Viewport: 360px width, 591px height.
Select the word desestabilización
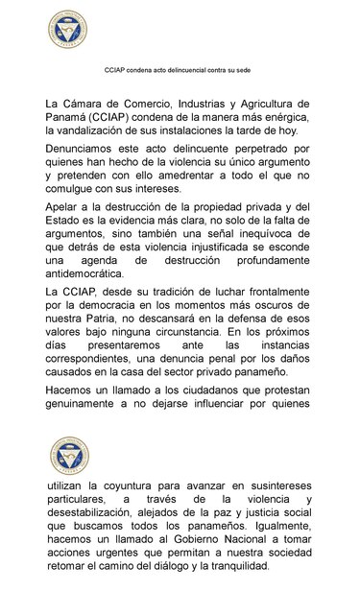tap(104, 514)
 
